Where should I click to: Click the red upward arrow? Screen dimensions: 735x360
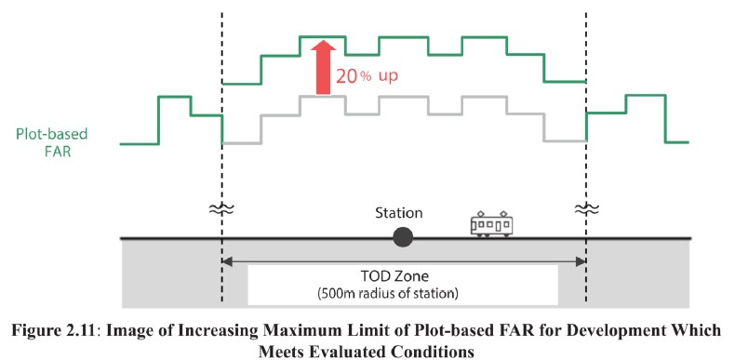coord(323,68)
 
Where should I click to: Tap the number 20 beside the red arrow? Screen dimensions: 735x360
coord(347,76)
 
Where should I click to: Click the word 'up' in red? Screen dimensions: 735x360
coord(388,77)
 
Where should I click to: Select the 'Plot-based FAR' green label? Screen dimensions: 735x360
coord(51,143)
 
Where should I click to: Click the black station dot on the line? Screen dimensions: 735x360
coord(403,237)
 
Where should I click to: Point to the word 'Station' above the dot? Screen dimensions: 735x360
coord(398,213)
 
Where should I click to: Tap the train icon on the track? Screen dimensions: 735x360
coord(491,224)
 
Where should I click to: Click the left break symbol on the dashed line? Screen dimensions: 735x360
coord(221,208)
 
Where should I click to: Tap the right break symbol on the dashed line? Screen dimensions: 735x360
coord(586,208)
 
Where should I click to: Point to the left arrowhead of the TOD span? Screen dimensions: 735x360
coord(227,261)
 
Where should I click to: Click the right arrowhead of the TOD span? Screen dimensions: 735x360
coord(581,261)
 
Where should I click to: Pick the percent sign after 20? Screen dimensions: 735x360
coord(365,77)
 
